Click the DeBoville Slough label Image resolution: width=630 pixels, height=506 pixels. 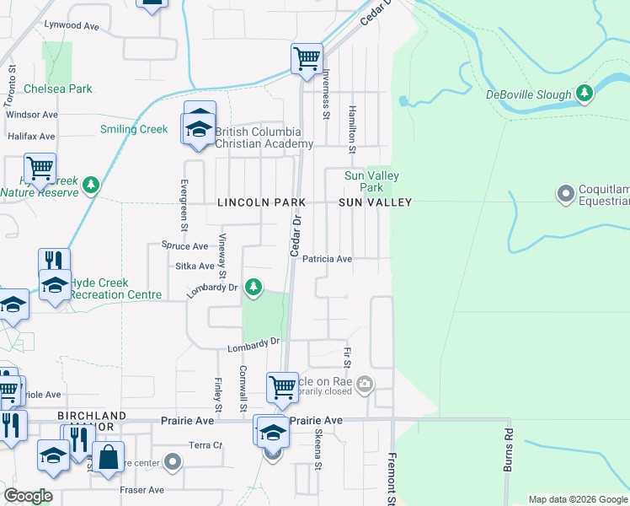pos(529,94)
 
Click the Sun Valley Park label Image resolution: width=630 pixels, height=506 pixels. pos(371,181)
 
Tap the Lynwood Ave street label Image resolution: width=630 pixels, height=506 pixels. pos(72,27)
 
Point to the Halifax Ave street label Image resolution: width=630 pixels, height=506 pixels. pos(31,136)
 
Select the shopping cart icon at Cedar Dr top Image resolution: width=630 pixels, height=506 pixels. pos(307,58)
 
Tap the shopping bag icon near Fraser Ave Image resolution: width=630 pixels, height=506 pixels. pos(109,458)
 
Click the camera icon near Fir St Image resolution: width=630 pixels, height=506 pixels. pos(365,385)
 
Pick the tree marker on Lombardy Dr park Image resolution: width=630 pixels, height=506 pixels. pos(253,288)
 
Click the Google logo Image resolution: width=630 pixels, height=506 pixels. pos(28,496)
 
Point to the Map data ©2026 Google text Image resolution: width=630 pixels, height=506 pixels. pos(578,499)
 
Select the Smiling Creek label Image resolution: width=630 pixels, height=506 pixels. pos(134,129)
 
